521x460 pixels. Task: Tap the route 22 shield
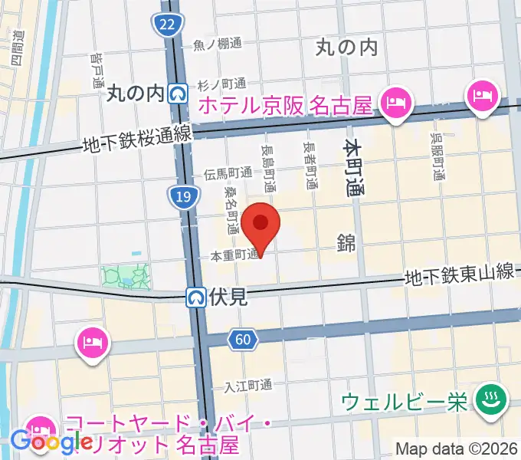tap(168, 25)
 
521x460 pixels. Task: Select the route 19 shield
tap(182, 197)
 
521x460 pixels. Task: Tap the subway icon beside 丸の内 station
tap(179, 94)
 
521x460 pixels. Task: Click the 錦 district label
tap(346, 243)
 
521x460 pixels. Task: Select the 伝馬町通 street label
tap(228, 174)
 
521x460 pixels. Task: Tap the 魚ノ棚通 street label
tap(217, 44)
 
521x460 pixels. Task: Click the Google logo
tap(48, 442)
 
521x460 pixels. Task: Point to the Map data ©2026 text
tap(457, 449)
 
